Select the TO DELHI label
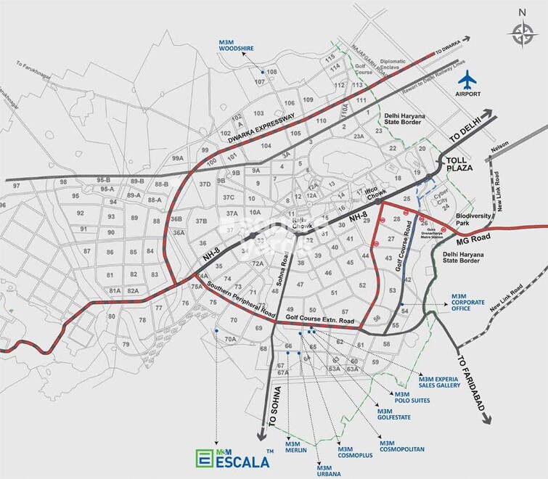[466, 130]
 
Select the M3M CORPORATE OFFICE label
[470, 302]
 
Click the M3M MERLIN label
[297, 446]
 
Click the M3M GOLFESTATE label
[394, 414]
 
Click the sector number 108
[272, 73]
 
